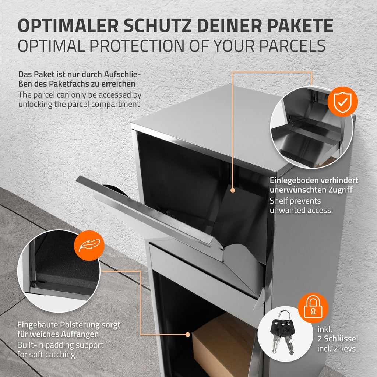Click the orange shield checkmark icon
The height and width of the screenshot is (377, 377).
coord(343,102)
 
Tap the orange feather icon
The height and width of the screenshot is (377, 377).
coord(89,246)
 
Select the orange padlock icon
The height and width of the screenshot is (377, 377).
coord(313,308)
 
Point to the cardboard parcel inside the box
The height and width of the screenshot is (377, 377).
coord(222,344)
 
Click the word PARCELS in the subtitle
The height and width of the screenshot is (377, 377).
coord(292,46)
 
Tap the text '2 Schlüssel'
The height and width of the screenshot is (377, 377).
coord(338,339)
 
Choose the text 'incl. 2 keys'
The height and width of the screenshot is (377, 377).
coord(337,349)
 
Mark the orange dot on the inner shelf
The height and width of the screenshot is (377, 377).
coord(233,190)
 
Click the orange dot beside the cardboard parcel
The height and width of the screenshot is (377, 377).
coord(188,334)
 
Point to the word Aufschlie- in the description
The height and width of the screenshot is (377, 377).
coord(122,74)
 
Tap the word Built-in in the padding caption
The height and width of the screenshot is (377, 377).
coord(30,345)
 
